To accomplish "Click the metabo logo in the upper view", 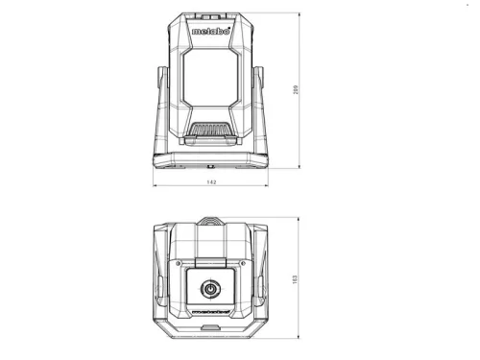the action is [211, 31].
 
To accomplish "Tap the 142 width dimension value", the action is [211, 182].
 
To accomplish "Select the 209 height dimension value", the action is [296, 89].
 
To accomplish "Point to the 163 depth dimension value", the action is [295, 279].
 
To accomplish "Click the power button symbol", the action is [210, 289].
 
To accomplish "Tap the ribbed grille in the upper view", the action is [210, 129].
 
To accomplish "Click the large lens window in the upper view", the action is [210, 78].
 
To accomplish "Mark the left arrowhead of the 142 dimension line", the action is [155, 185].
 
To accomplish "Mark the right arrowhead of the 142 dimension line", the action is [267, 185].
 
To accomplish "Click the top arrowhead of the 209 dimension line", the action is [300, 14].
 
